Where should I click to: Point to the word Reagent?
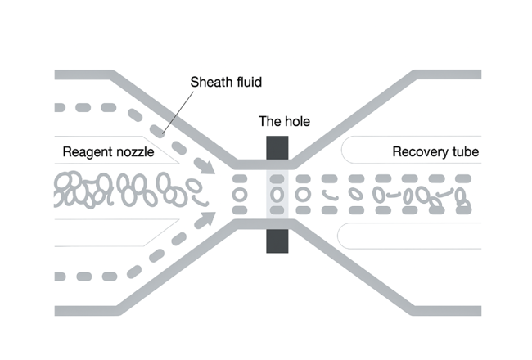pos(88,152)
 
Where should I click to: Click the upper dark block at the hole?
pos(277,152)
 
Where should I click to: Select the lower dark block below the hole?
pos(277,236)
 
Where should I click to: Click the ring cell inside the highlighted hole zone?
pos(277,195)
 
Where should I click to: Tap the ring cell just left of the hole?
pos(240,195)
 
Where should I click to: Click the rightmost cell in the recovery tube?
pos(462,197)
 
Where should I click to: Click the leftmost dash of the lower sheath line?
pos(58,276)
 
